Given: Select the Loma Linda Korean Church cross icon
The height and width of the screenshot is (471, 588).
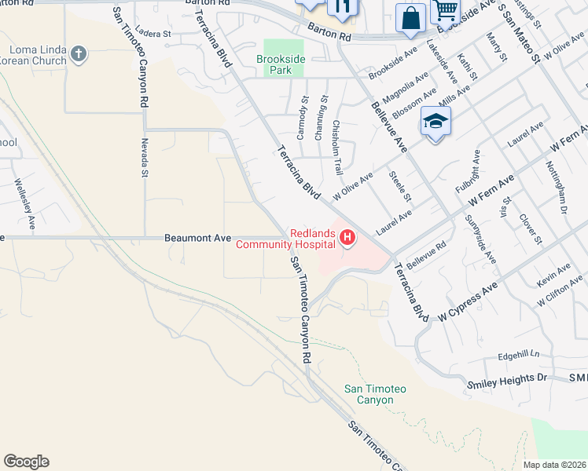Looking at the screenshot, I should [x=76, y=53].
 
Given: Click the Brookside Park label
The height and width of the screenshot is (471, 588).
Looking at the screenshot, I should [x=274, y=64].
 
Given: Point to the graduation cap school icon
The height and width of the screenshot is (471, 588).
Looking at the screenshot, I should [x=435, y=122].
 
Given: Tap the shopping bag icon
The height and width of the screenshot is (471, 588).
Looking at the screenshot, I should [x=411, y=19].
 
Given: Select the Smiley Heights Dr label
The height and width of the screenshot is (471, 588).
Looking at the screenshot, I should [x=506, y=378].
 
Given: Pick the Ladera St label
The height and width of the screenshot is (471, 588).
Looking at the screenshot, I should [x=153, y=35].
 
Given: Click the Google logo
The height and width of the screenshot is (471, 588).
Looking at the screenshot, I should [x=26, y=462].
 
